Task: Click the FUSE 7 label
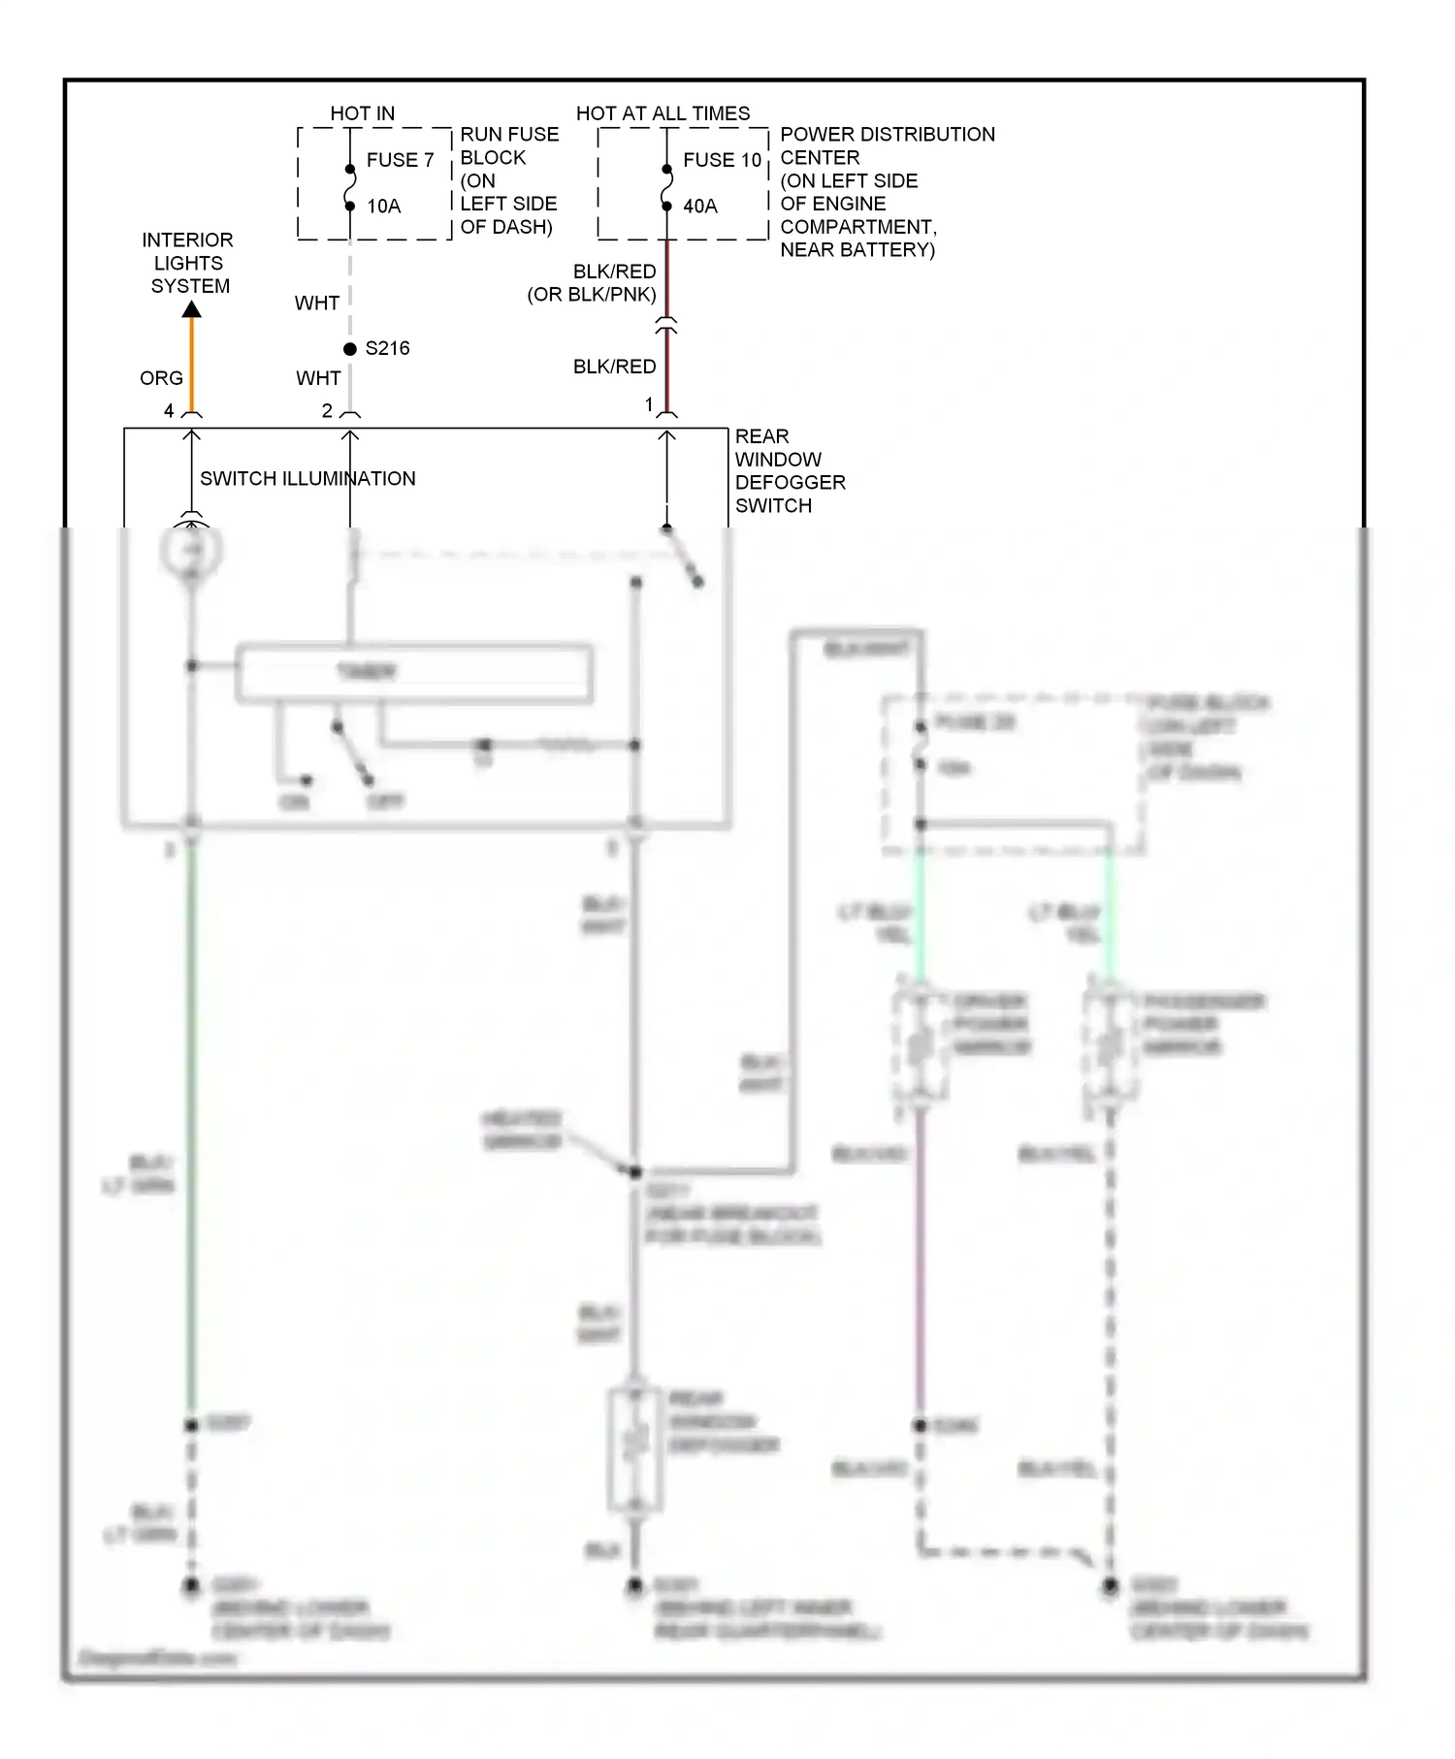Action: point(400,160)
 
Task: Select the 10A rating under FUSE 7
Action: point(384,207)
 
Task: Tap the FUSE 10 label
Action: point(722,160)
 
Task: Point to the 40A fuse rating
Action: point(700,207)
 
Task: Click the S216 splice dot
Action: point(350,349)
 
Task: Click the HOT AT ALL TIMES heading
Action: point(663,113)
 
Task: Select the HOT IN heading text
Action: point(362,113)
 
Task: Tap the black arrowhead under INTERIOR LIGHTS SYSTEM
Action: point(192,309)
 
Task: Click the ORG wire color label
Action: point(161,378)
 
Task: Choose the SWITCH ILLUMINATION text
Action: point(307,479)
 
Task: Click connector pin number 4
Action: point(169,411)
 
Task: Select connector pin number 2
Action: point(327,411)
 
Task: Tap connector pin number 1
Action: point(649,404)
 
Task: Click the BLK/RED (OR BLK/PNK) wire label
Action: point(593,283)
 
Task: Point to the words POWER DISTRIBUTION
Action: point(887,135)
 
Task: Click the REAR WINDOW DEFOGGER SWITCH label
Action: point(789,471)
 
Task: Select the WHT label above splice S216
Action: point(317,304)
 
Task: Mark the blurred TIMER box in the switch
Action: point(414,672)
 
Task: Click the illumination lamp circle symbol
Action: point(192,551)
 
